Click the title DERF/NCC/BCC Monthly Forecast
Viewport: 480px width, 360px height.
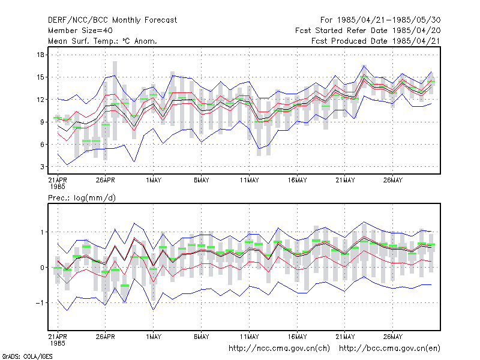(x=112, y=20)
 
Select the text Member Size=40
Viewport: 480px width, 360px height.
(x=80, y=31)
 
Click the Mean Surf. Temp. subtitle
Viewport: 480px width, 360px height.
(x=102, y=41)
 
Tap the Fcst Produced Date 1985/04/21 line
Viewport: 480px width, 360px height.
(x=376, y=41)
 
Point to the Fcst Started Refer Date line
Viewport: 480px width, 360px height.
(x=368, y=31)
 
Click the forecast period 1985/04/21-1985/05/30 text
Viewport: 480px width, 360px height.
(x=380, y=20)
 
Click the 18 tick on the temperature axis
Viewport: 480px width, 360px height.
(x=40, y=55)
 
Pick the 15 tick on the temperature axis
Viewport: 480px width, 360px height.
(x=40, y=77)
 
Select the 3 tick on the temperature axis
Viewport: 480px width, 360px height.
(x=42, y=167)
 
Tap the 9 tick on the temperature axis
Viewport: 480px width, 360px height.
(x=42, y=122)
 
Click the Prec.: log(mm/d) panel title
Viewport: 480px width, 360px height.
(x=82, y=198)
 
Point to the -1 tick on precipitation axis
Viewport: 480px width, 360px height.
(x=40, y=303)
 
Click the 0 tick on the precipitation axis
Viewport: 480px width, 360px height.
(x=42, y=268)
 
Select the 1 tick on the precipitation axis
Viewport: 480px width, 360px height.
(x=42, y=232)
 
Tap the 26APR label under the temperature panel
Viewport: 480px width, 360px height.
(x=106, y=181)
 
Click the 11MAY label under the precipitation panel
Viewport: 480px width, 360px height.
(x=249, y=337)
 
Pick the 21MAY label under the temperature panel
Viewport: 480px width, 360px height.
(x=345, y=181)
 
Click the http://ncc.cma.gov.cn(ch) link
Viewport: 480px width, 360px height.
(x=279, y=349)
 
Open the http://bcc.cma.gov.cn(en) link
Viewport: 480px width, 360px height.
(x=389, y=349)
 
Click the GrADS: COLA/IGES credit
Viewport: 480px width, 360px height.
(x=27, y=356)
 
